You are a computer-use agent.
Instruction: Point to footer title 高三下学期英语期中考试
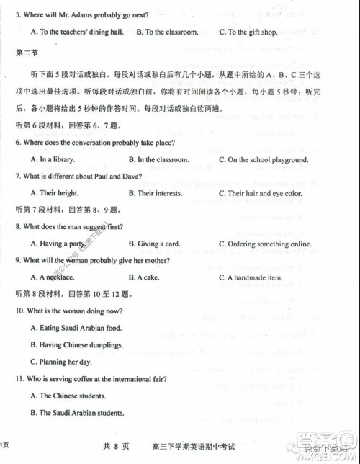(188, 447)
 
